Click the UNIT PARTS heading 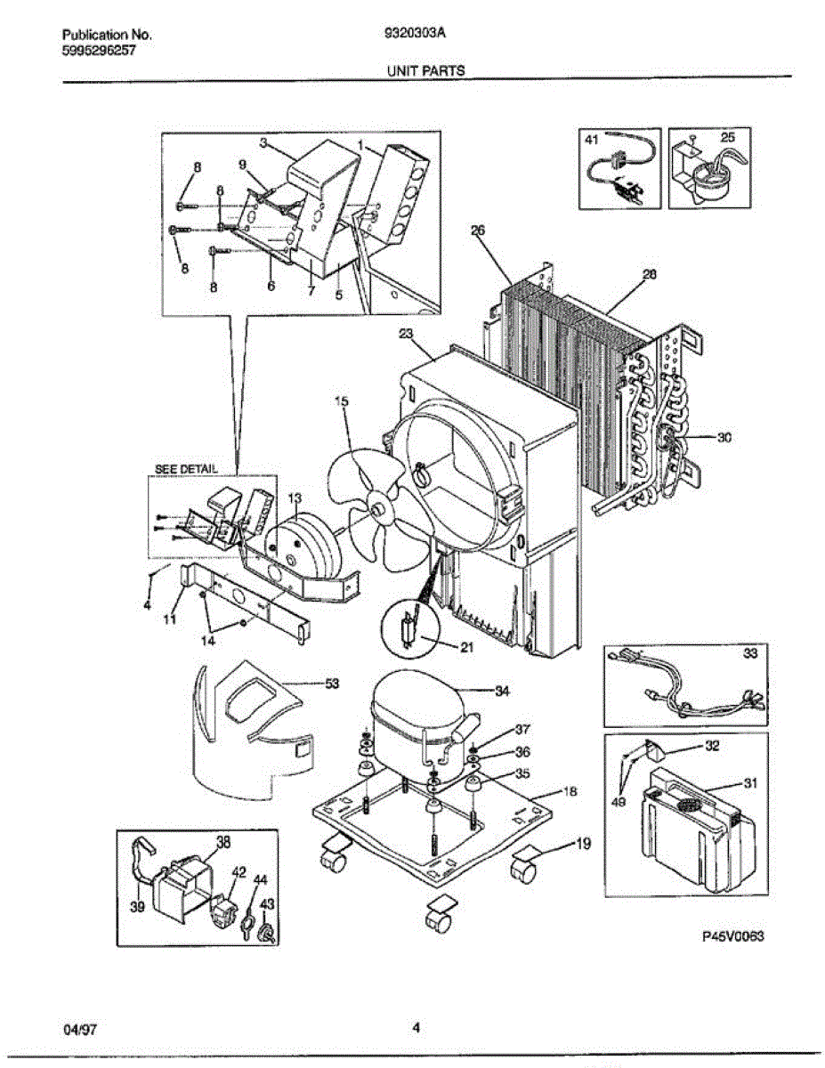(x=425, y=70)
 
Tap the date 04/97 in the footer (x=80, y=1030)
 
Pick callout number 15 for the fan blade (x=341, y=401)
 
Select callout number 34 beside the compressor (x=502, y=691)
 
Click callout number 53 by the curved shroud (x=331, y=684)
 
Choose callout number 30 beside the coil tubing (x=724, y=437)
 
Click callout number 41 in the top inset (x=592, y=139)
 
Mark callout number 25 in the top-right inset (x=727, y=138)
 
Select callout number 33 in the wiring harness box (x=750, y=654)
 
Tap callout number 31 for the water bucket (x=750, y=783)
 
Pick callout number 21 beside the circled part (x=465, y=647)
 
